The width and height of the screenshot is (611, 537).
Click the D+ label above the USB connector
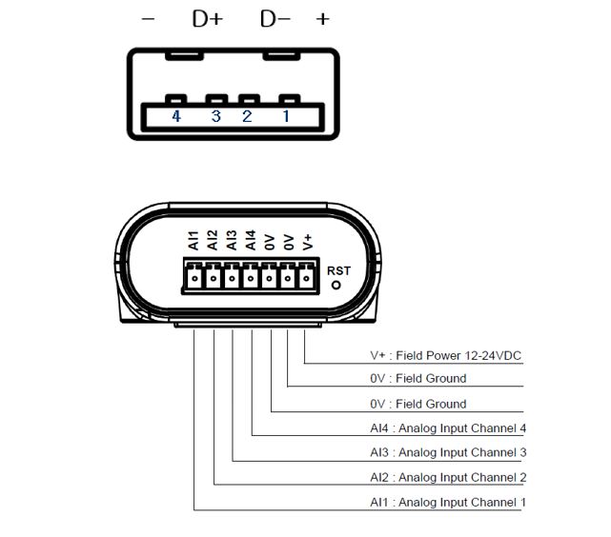(x=207, y=18)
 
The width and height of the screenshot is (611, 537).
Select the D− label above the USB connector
(x=275, y=18)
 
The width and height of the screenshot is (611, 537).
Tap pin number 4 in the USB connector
(x=176, y=116)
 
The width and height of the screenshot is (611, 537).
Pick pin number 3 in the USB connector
(x=215, y=116)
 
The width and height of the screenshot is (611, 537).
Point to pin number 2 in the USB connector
(x=247, y=116)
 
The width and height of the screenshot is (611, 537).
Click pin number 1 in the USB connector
(x=284, y=116)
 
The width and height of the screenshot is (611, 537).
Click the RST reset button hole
(x=336, y=285)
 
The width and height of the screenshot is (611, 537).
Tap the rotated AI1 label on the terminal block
(x=193, y=242)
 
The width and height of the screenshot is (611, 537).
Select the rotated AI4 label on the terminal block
(x=250, y=242)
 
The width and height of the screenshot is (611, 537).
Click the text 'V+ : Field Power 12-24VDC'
(x=446, y=355)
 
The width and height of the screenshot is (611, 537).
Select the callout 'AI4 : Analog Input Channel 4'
(x=448, y=428)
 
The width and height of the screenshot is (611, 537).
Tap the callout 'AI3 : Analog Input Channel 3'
(x=448, y=452)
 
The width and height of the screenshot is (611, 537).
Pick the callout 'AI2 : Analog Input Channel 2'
(x=448, y=477)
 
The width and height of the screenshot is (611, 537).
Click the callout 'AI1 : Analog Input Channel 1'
(x=448, y=502)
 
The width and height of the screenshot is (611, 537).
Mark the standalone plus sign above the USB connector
(x=323, y=19)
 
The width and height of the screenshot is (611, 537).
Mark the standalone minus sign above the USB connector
(x=148, y=19)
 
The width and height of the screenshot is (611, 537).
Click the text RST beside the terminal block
(x=338, y=270)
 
